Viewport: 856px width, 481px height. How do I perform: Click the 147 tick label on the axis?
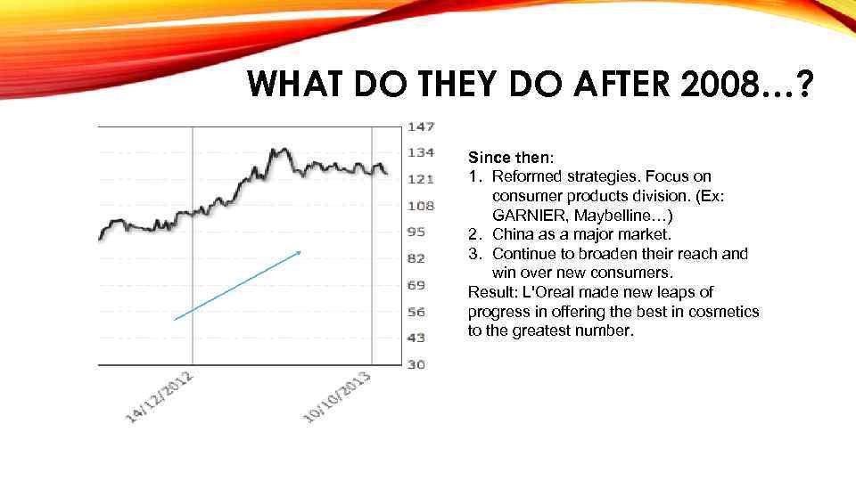[x=421, y=126]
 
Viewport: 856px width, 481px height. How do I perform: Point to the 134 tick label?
[x=421, y=152]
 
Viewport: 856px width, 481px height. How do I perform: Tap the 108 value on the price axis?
[x=421, y=206]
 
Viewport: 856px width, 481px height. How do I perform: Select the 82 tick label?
[x=417, y=258]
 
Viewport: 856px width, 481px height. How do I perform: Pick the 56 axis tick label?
[x=417, y=312]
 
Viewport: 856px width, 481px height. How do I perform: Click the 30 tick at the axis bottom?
[x=417, y=364]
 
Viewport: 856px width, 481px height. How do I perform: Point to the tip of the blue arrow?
[x=301, y=252]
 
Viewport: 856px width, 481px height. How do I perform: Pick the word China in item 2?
[x=513, y=234]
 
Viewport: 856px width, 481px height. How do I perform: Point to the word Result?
[x=489, y=292]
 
